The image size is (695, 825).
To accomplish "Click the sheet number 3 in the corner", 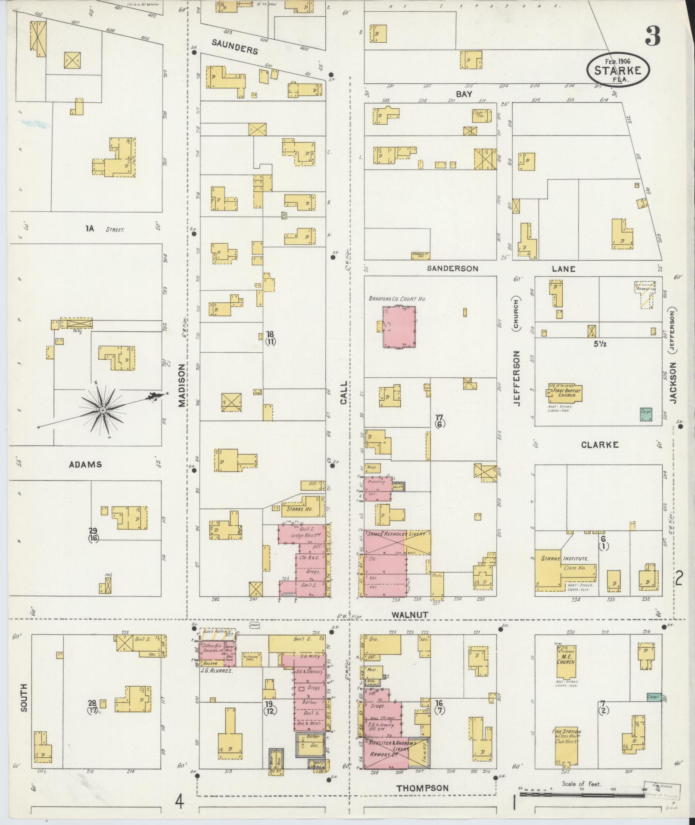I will tap(652, 36).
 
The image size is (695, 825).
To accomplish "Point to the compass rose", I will tap(103, 410).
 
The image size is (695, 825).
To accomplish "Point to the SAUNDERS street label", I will tap(235, 47).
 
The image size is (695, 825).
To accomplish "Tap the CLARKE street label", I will tap(599, 445).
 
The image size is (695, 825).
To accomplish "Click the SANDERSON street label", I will tap(452, 268).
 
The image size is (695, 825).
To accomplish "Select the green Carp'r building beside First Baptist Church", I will tap(645, 414).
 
